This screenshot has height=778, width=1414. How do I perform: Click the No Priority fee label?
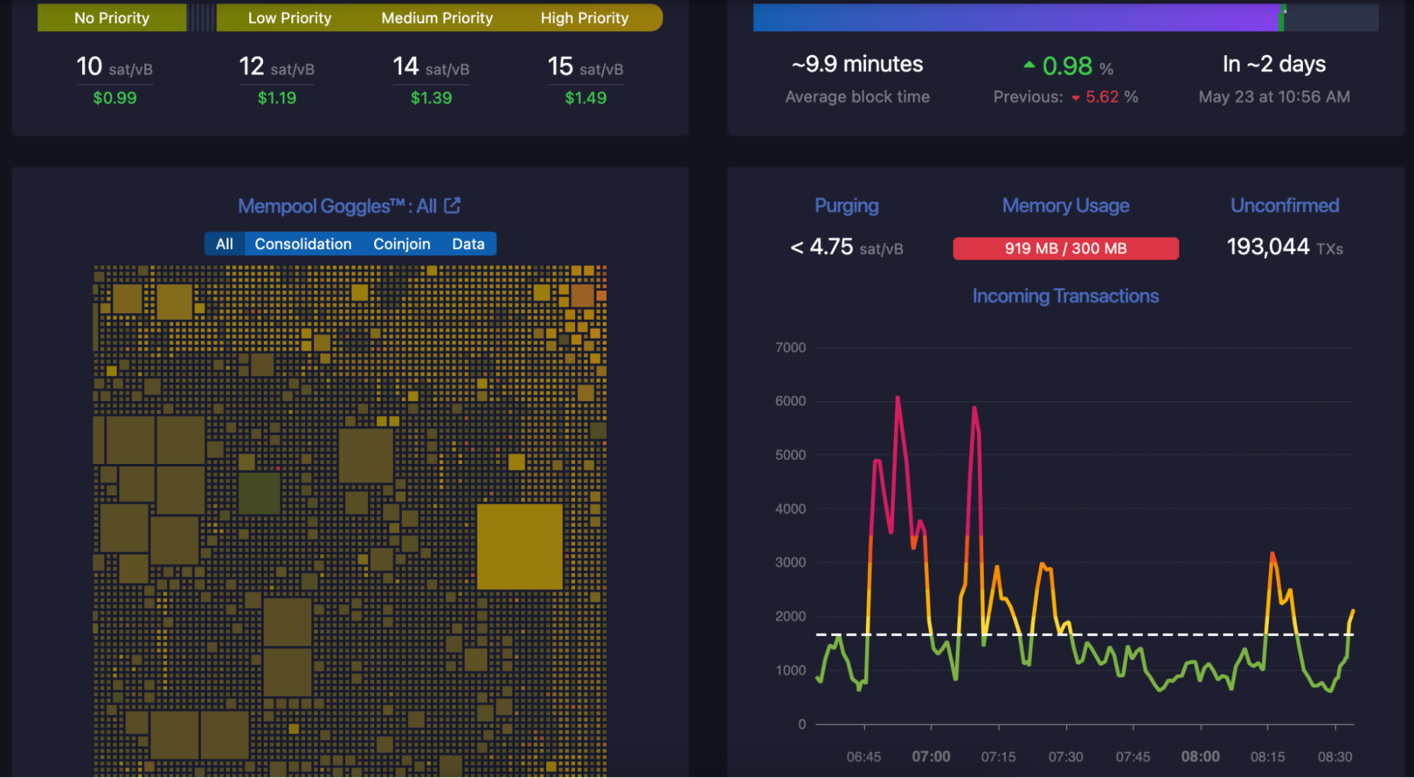(112, 18)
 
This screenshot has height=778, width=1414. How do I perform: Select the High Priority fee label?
(584, 18)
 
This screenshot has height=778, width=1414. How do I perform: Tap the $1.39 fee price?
(431, 98)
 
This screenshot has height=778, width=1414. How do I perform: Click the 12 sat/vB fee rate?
(277, 67)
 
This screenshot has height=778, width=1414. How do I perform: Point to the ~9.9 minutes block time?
(857, 64)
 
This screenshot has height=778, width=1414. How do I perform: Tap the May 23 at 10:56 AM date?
(1274, 97)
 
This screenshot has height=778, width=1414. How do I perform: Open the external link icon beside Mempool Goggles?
(452, 206)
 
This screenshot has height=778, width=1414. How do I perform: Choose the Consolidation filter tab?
(303, 244)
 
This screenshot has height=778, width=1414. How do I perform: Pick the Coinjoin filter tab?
(402, 244)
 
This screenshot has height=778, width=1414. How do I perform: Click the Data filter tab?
(468, 244)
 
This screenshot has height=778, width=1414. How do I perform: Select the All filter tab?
(224, 244)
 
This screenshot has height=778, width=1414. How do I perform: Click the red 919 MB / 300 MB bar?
(1065, 248)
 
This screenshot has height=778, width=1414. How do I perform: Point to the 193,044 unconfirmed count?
(1268, 247)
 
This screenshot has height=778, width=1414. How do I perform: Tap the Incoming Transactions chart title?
(1065, 296)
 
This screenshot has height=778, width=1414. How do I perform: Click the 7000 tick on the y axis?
(790, 347)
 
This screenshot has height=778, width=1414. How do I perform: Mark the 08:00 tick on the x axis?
(1200, 756)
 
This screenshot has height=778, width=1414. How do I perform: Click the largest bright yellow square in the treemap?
(519, 546)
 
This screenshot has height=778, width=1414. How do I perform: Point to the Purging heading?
(846, 206)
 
